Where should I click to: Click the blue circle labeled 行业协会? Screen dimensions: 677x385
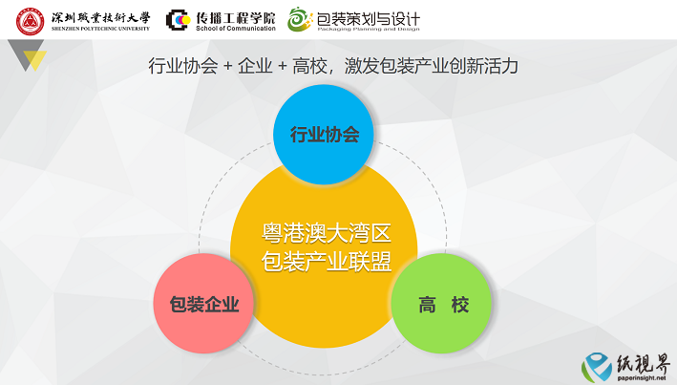point(324,135)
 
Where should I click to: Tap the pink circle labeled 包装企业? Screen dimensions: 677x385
point(203,304)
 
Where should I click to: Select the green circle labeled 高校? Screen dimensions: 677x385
point(441,304)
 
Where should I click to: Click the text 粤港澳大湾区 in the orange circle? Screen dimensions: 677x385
point(327,233)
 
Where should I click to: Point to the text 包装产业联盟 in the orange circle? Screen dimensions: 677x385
point(327,262)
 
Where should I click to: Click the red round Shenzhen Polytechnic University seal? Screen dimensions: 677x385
point(30,21)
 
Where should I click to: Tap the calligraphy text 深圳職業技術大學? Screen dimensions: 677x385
point(100,18)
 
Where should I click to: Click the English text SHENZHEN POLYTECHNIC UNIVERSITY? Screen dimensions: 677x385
point(100,29)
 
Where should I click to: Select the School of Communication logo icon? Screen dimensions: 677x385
point(179,20)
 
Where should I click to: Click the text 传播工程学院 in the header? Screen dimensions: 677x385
point(235,18)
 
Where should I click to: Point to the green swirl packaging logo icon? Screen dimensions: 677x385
point(300,19)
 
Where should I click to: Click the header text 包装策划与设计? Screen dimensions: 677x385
point(368,18)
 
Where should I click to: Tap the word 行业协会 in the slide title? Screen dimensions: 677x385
point(183,66)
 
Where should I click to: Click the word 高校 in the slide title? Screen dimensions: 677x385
point(309,66)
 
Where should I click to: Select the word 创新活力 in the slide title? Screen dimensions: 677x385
point(483,66)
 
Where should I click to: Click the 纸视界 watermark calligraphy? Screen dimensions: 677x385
point(643,363)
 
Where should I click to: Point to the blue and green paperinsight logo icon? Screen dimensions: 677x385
point(597,367)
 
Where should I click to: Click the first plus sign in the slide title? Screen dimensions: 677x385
point(228,66)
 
